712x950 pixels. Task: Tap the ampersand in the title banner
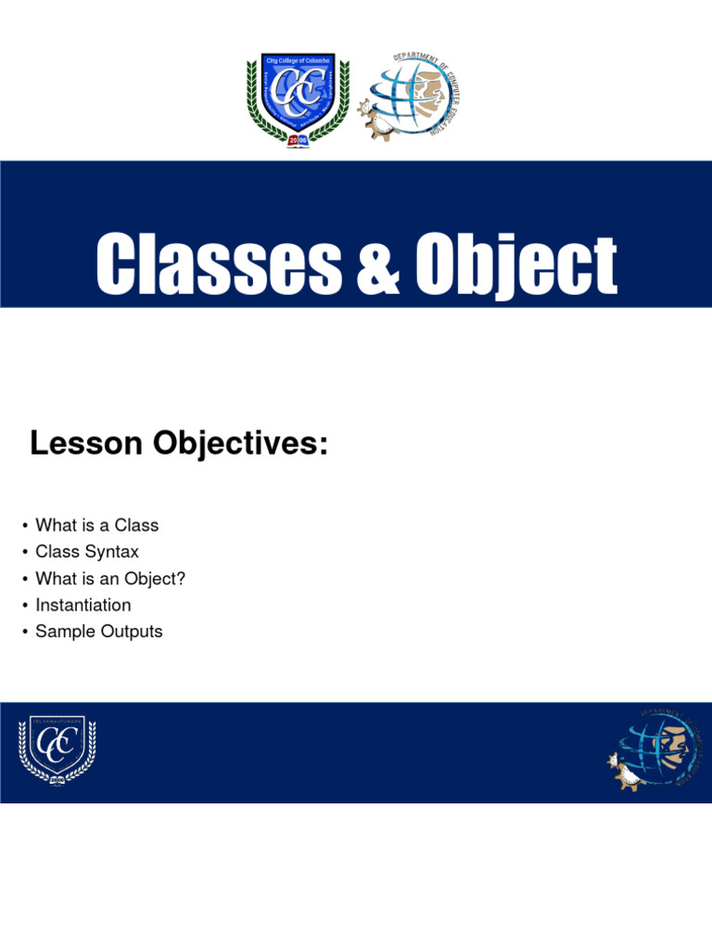[x=376, y=264]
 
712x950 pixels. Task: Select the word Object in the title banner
[x=515, y=264]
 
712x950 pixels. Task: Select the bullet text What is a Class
[x=96, y=525]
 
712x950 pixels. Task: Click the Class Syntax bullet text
[x=87, y=552]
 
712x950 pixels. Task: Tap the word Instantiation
[x=83, y=605]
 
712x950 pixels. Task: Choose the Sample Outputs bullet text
[x=98, y=632]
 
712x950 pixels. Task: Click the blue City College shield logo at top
[x=298, y=97]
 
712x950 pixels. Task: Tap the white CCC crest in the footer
[x=57, y=751]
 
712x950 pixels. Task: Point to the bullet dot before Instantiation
[x=25, y=606]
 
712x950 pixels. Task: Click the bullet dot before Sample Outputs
[x=25, y=633]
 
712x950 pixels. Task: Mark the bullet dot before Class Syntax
[x=25, y=553]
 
